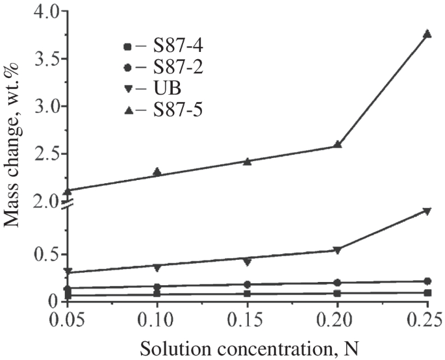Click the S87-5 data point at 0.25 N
(427, 34)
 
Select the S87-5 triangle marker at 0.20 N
(337, 144)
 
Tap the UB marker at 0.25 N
(427, 211)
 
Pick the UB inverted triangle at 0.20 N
(337, 250)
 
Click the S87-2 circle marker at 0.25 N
(427, 281)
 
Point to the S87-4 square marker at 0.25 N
(427, 293)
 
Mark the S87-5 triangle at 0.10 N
(157, 172)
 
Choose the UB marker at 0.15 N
(248, 262)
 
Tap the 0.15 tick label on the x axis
(248, 319)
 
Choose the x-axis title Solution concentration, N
(247, 348)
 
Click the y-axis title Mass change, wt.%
(12, 156)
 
